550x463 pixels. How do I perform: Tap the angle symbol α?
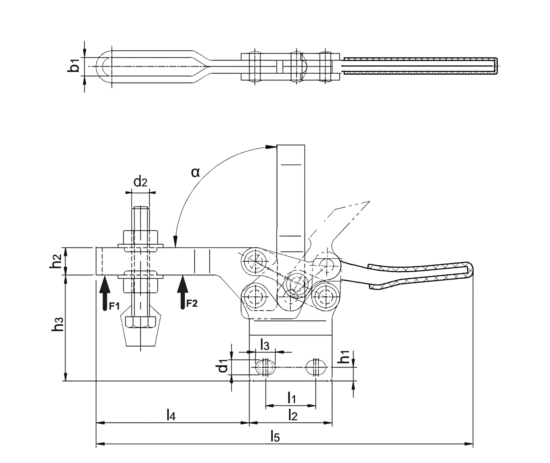tap(195, 173)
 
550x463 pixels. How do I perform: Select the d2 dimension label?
tap(140, 182)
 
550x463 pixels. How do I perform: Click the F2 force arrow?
tap(182, 292)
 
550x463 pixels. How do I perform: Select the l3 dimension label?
tap(265, 345)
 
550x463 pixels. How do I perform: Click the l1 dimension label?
tap(291, 398)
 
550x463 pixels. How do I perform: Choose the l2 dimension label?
tap(293, 415)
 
